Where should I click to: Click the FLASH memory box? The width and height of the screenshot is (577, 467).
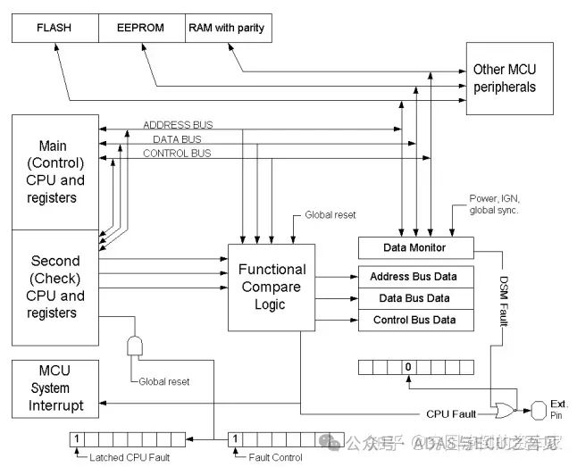click(54, 28)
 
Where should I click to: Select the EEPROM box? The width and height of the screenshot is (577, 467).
click(140, 28)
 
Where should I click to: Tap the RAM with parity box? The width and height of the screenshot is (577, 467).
click(226, 28)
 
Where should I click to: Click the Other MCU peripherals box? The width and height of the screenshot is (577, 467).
click(505, 79)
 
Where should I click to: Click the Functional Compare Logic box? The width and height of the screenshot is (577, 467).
click(272, 287)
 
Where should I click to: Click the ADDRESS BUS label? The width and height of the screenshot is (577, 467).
click(178, 124)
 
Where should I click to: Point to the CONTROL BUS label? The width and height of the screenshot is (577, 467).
click(177, 154)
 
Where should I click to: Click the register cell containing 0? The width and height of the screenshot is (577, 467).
click(406, 367)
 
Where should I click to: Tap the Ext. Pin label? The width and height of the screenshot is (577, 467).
click(560, 410)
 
